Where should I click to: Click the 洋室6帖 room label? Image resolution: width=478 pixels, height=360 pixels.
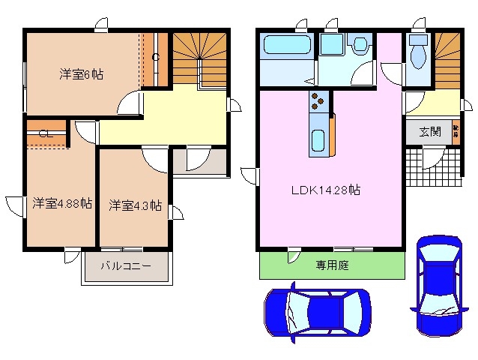coord(82,74)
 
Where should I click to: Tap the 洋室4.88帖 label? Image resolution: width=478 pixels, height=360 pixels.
coord(62,203)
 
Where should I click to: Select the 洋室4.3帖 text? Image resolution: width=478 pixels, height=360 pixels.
coord(135,205)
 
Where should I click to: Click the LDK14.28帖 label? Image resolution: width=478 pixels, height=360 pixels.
coord(326,190)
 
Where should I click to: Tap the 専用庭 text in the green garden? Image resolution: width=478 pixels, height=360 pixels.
coord(332,265)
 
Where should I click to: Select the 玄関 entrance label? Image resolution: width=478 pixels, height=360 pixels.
coord(429,132)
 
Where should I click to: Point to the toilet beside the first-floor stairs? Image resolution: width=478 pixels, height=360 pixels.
coord(418,55)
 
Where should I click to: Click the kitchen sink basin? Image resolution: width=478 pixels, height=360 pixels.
coord(318,140)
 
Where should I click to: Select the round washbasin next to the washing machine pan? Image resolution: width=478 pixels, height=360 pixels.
coord(360,45)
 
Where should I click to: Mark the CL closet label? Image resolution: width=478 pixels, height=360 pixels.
coord(44,135)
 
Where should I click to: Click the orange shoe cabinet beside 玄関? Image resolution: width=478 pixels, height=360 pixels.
coord(456,131)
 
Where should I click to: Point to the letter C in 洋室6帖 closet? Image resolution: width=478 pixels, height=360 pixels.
coord(155,57)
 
